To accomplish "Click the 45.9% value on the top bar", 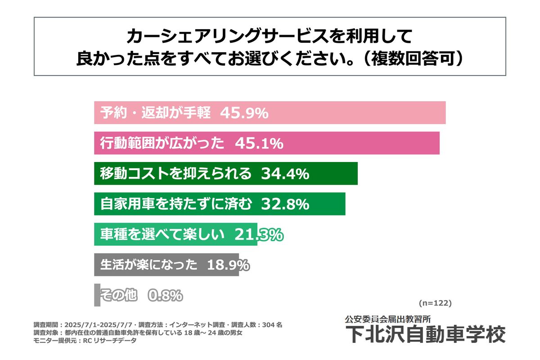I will pos(244,113).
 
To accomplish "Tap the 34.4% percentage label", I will pos(285,174).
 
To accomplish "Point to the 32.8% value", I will pos(285,204).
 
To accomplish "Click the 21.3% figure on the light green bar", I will pos(258,234).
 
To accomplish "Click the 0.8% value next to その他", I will pos(165,296).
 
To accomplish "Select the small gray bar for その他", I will pos(97,295).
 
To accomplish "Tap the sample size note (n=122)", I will pos(435,303).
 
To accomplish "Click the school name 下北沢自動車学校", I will pos(425,334).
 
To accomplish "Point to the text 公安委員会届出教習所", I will pos(388,319).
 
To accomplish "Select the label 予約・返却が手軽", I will pos(155,113).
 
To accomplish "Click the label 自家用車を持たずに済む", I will pos(175,204).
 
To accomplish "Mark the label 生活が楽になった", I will pos(149,265).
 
